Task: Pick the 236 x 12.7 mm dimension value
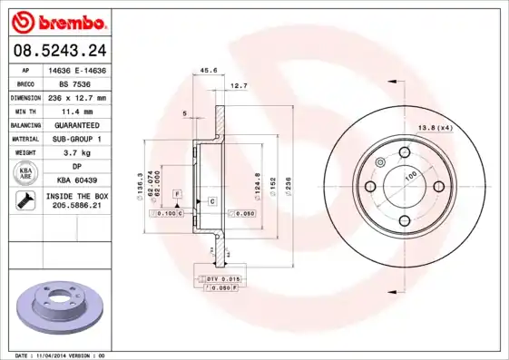click(76, 97)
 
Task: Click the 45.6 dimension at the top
click(208, 69)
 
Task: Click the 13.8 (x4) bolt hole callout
click(434, 127)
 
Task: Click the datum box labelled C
click(211, 199)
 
